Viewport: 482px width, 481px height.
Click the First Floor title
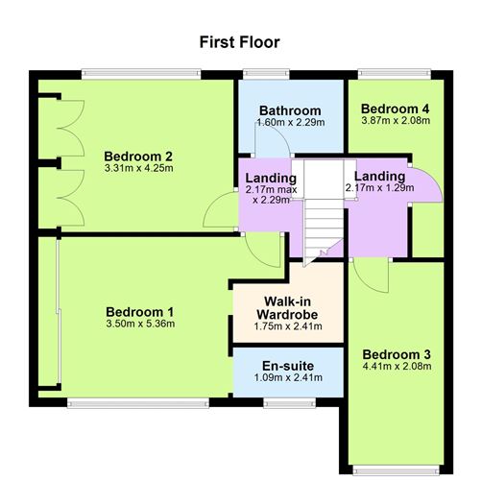point(240,42)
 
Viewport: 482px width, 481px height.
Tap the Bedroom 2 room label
point(138,156)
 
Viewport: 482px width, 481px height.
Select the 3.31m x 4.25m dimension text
point(138,170)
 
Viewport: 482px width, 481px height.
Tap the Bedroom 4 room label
point(395,108)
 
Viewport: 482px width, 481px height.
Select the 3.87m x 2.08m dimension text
point(395,121)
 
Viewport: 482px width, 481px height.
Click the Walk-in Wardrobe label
point(287,308)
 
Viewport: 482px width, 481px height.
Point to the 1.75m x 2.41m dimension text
point(287,326)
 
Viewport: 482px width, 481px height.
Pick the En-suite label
point(287,365)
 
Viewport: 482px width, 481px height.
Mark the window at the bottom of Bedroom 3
point(395,469)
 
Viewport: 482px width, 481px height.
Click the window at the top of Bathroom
point(258,73)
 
